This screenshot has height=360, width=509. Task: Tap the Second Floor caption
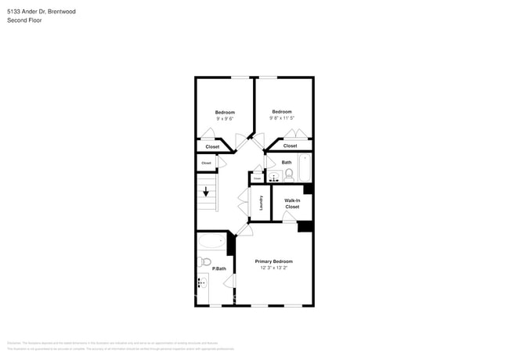click(24, 20)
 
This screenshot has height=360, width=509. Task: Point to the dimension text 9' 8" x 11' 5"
click(281, 118)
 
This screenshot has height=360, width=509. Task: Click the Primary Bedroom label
click(273, 261)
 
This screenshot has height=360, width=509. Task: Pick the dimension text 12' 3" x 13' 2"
click(274, 268)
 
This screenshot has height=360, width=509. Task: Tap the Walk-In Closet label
click(291, 203)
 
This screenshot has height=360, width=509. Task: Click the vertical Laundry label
click(261, 203)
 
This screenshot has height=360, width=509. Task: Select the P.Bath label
click(220, 268)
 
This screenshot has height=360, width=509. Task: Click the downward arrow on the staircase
click(207, 192)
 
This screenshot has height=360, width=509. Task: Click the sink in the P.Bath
click(201, 283)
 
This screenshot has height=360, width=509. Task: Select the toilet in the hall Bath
click(288, 174)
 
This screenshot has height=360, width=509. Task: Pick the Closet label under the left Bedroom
click(212, 146)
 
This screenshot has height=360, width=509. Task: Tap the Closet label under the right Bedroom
click(290, 146)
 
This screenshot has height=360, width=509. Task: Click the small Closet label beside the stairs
click(206, 163)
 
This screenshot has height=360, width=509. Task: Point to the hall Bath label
click(287, 162)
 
